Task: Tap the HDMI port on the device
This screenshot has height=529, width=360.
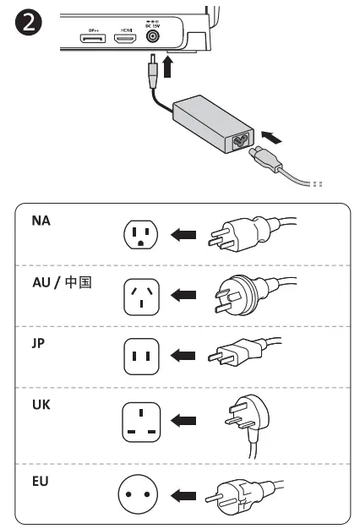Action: tap(126, 40)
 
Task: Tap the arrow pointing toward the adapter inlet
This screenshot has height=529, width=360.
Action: tap(271, 134)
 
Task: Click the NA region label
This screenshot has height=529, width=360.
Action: tap(41, 221)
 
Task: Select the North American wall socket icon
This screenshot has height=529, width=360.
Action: tap(139, 236)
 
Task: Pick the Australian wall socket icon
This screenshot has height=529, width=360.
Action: tap(139, 296)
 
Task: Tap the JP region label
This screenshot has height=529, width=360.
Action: tap(38, 343)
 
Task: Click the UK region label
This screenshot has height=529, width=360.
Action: tap(41, 405)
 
